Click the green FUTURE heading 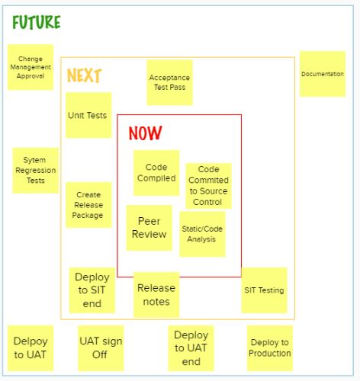click(x=37, y=22)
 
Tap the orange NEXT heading click(x=84, y=75)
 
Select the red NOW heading click(x=145, y=133)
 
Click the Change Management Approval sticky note click(x=31, y=67)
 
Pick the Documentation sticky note click(x=323, y=74)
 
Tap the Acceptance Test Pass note click(x=169, y=82)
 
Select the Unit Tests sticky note click(x=88, y=115)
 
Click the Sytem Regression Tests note click(x=36, y=171)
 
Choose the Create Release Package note click(x=88, y=205)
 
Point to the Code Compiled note click(x=156, y=173)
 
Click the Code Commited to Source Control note click(x=208, y=186)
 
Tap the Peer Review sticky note click(x=149, y=228)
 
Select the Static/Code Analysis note click(x=202, y=234)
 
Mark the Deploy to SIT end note click(x=92, y=290)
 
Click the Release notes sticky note click(x=156, y=295)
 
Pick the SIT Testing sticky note click(x=264, y=290)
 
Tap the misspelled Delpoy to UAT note click(x=31, y=348)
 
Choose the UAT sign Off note click(x=101, y=348)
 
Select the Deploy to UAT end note click(x=191, y=348)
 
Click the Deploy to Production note click(x=270, y=348)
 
